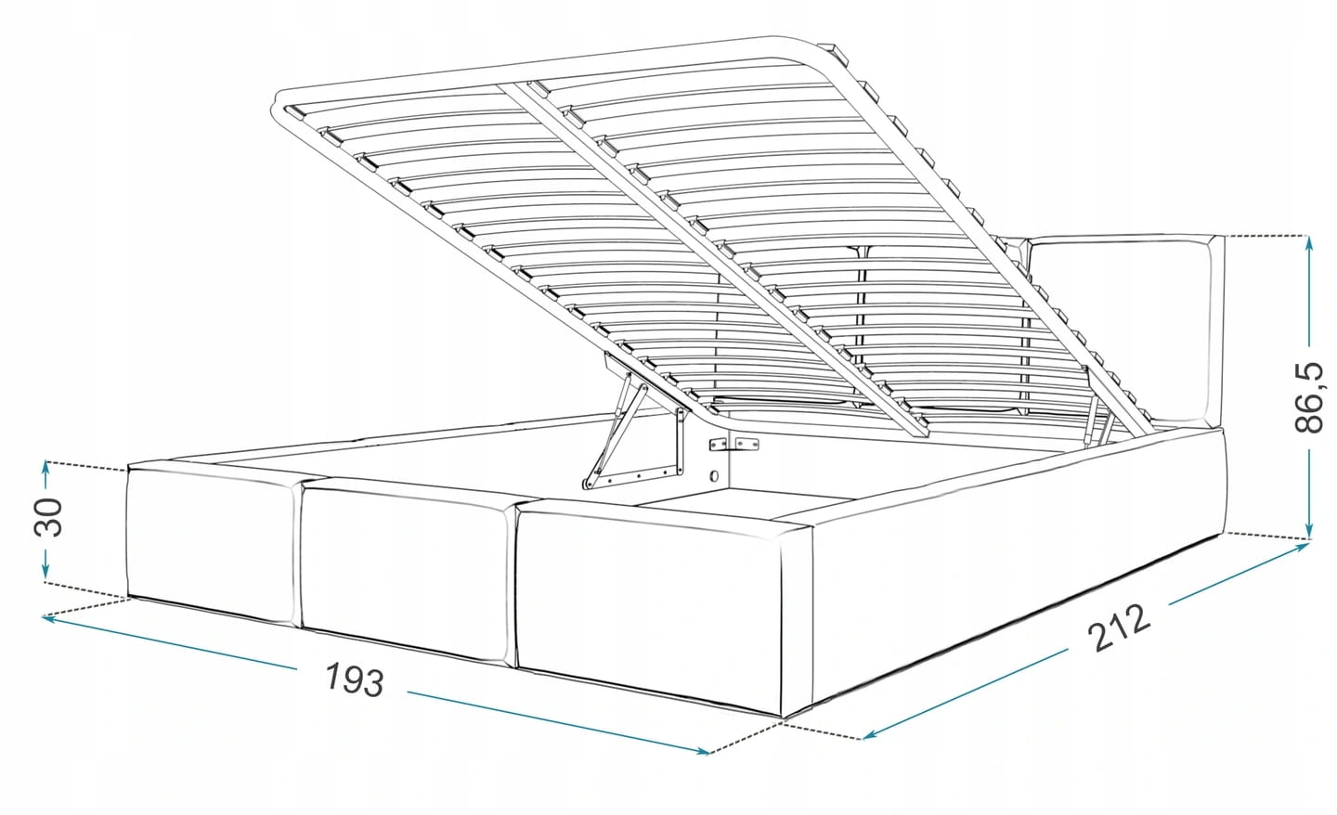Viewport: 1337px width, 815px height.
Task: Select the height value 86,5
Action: [x=1309, y=396]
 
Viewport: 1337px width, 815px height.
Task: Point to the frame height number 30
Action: [x=48, y=517]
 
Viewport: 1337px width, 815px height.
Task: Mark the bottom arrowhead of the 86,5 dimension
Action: [x=1309, y=532]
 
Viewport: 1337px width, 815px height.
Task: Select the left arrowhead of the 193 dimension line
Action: [x=50, y=619]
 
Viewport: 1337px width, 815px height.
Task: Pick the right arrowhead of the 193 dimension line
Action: [x=701, y=751]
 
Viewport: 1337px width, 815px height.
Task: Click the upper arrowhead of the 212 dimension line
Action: [x=1301, y=547]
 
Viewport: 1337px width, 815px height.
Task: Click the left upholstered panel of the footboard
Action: [x=210, y=545]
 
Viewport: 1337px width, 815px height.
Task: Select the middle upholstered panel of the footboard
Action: [x=406, y=572]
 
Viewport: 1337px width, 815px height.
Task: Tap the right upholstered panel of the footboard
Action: [x=649, y=609]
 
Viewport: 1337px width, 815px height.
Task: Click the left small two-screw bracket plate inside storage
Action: [x=719, y=445]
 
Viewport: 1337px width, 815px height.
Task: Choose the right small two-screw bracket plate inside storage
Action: [x=747, y=444]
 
